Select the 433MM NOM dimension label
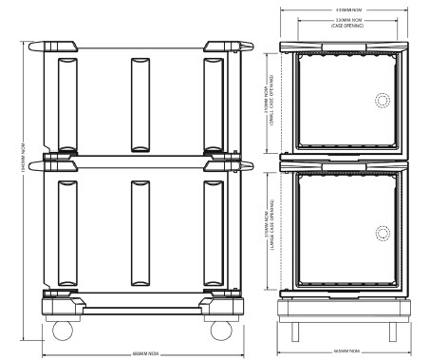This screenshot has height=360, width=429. pyautogui.click(x=345, y=10)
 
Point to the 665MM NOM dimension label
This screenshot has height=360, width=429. pyautogui.click(x=345, y=351)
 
